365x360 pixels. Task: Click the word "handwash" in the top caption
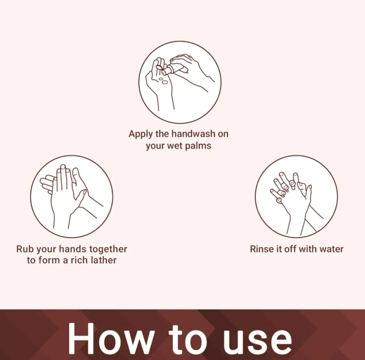(x=193, y=134)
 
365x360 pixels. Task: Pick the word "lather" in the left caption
(x=104, y=260)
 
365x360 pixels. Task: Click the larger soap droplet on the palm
(x=165, y=82)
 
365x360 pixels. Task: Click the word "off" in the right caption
(x=291, y=249)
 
